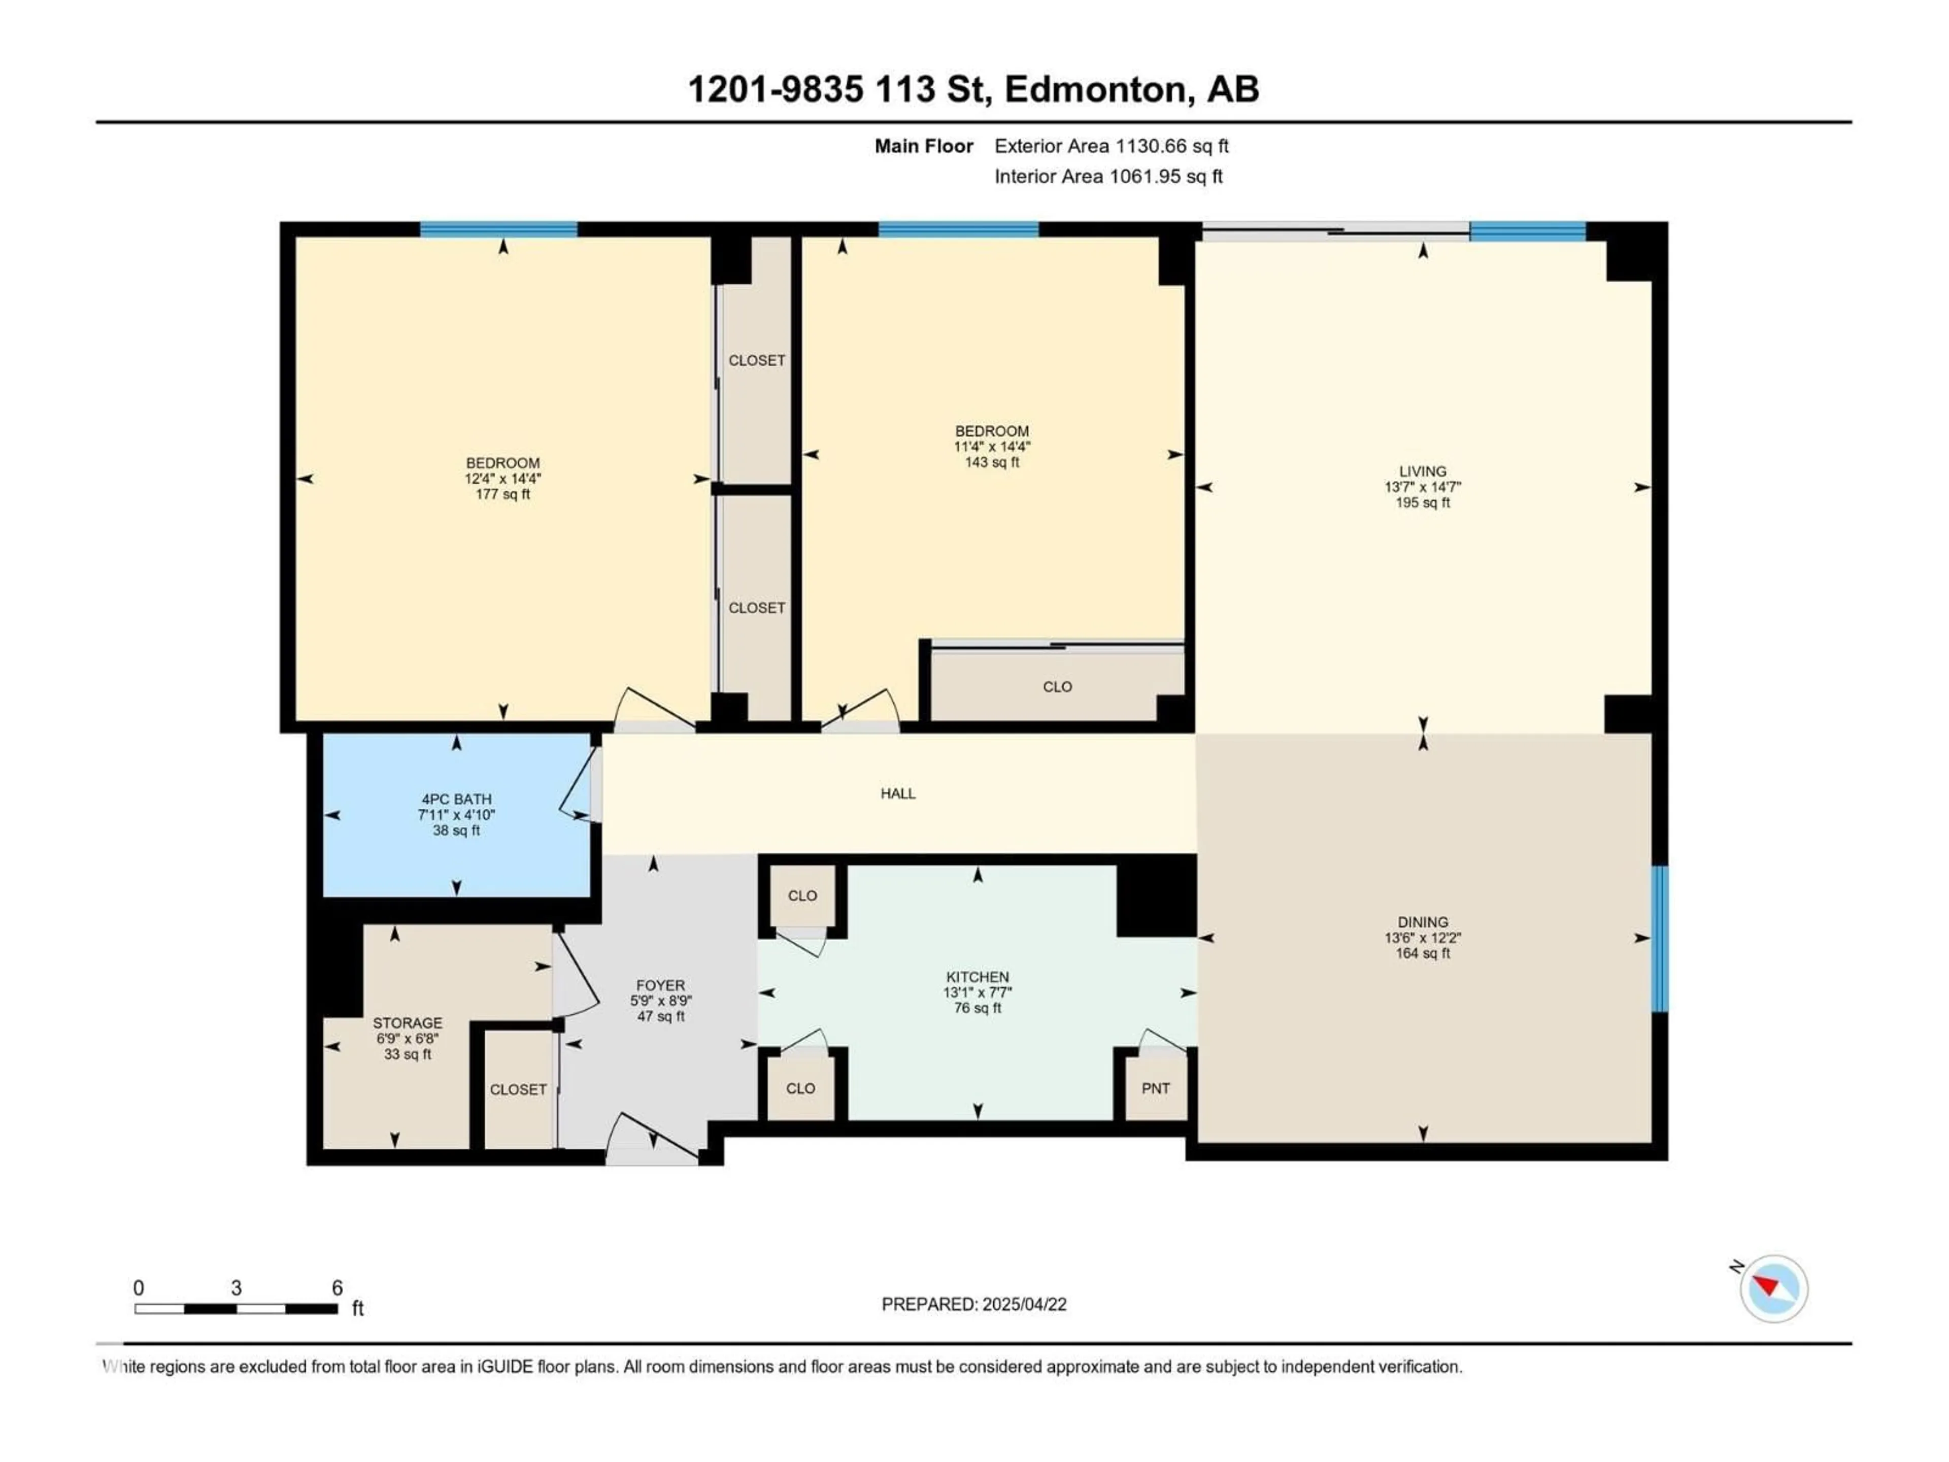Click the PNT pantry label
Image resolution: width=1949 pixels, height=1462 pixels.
point(1155,1088)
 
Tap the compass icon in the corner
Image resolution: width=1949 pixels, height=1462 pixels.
point(1774,1288)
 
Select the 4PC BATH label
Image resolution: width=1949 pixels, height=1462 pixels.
point(456,800)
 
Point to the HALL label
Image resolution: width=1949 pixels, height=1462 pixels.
point(898,793)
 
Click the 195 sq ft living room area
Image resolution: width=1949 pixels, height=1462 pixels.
point(1422,503)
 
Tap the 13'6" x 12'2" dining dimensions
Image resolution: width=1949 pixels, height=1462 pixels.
point(1422,938)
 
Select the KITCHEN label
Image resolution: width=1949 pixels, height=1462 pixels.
point(977,976)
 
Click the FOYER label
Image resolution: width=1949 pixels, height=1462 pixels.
point(660,985)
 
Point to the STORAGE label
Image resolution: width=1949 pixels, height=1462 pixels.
point(407,1022)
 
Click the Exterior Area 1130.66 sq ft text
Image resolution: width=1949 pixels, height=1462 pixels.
point(1111,146)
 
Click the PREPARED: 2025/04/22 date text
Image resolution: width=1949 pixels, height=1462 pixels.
point(973,1304)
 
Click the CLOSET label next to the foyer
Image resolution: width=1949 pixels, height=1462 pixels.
point(518,1089)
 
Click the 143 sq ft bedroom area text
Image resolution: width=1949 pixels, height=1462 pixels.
point(992,462)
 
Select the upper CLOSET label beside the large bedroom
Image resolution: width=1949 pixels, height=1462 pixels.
point(756,360)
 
